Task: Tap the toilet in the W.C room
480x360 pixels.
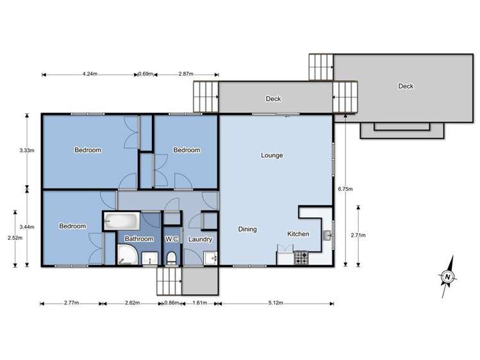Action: point(171,258)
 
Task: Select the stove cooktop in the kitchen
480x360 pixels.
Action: point(301,258)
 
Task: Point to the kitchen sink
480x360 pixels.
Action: point(328,234)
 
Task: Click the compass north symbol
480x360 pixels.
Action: point(448,275)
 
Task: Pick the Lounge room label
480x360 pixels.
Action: point(272,155)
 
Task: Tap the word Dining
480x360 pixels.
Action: point(247,229)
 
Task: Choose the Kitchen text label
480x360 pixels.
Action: point(298,234)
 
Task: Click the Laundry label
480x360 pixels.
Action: point(200,239)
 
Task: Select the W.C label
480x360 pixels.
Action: point(171,239)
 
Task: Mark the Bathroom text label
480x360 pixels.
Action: point(139,239)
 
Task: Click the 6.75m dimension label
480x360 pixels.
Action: point(345,189)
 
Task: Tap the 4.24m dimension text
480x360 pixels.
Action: point(90,74)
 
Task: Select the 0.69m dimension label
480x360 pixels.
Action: point(145,74)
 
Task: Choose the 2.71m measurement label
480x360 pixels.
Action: point(359,235)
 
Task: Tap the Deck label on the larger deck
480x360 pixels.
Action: point(405,86)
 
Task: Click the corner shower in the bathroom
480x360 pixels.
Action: point(126,257)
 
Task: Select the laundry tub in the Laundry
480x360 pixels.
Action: point(210,258)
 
